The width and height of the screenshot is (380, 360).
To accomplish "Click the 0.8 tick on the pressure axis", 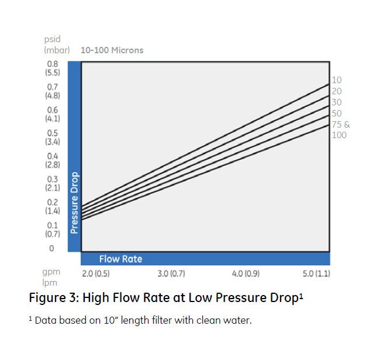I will click(x=51, y=63).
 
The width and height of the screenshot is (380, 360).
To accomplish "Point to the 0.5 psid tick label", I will click(x=52, y=133).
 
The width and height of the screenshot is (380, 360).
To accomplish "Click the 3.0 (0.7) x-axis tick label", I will click(x=171, y=274).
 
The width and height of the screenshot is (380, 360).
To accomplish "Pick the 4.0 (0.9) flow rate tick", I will click(x=246, y=274).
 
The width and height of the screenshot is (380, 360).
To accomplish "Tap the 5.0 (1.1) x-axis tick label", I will click(x=316, y=274).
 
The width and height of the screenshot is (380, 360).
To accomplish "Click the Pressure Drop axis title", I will click(x=74, y=203).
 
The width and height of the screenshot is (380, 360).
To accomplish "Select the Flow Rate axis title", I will click(x=120, y=259).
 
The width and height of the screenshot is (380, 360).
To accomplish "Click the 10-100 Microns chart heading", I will click(x=112, y=50).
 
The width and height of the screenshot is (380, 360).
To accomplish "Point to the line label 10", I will click(x=337, y=80).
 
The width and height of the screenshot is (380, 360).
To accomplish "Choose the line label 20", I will click(x=337, y=91).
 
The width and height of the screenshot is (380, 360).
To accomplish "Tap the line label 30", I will click(x=337, y=102).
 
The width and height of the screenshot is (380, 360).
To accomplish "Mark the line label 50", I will click(x=337, y=113).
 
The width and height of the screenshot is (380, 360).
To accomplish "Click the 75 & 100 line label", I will click(x=340, y=129).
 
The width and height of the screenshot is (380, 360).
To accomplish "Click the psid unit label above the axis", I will click(x=52, y=40).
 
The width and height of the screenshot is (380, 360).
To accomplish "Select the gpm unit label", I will click(x=52, y=273).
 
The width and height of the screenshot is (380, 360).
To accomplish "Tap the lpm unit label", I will click(x=51, y=283).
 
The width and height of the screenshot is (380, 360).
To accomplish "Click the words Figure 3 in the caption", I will click(x=54, y=297).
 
